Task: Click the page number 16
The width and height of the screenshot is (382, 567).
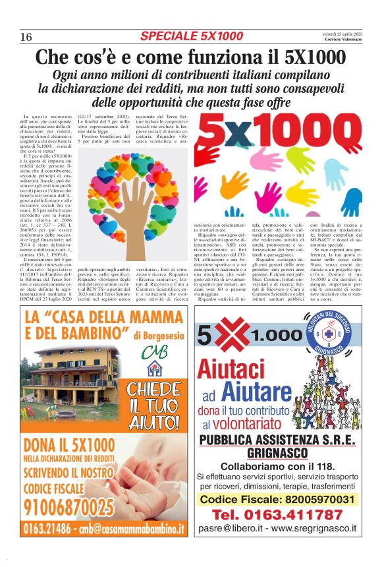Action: tap(26, 36)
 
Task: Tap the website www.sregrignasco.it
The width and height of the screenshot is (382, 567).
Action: tap(309, 528)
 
